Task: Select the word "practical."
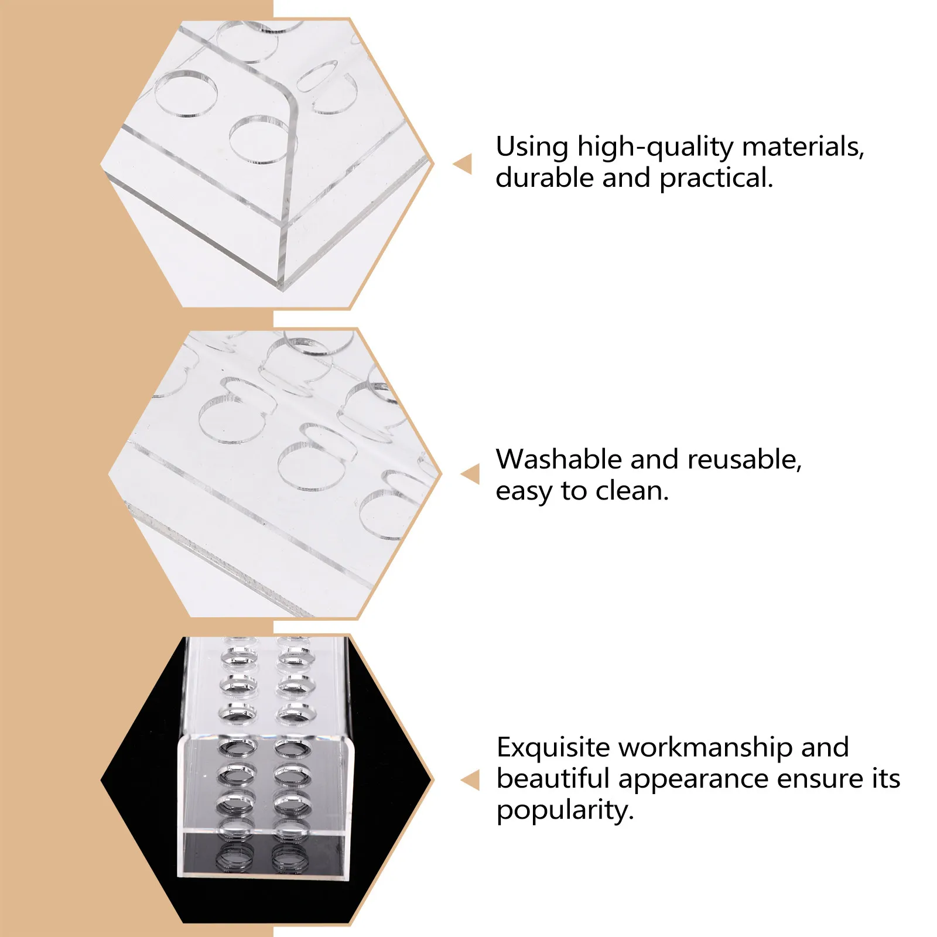click(716, 179)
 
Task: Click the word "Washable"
click(559, 459)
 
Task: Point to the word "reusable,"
click(744, 460)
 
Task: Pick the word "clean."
click(632, 491)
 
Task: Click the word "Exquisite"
click(553, 747)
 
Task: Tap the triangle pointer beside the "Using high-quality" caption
click(463, 164)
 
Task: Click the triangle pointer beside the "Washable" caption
click(471, 474)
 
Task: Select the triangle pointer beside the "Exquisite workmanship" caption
click(471, 780)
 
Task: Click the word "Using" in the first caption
click(532, 148)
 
